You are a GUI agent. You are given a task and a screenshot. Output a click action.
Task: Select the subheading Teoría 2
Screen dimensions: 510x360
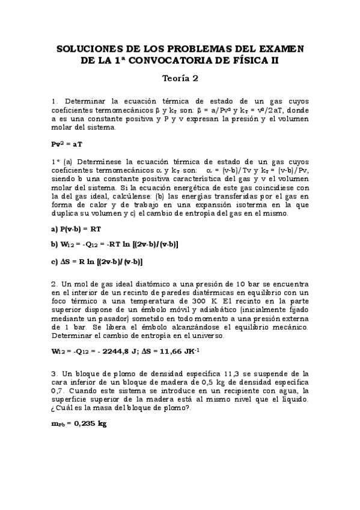point(180,78)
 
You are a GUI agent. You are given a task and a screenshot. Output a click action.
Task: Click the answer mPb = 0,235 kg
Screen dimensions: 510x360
point(79,423)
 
